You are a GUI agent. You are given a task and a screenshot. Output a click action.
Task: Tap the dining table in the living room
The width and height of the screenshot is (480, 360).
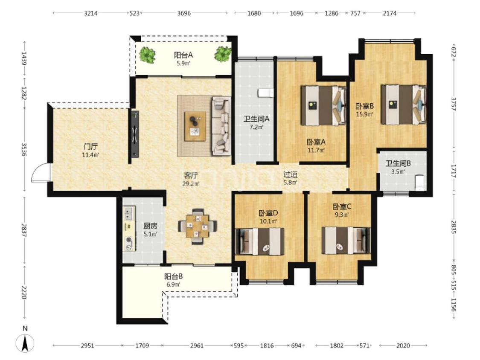198,226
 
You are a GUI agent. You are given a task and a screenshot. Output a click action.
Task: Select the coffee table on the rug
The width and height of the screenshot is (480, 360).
195,126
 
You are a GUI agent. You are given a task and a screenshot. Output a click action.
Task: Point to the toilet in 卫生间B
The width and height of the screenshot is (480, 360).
420,183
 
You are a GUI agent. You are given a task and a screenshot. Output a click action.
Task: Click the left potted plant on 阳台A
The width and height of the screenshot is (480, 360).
148,55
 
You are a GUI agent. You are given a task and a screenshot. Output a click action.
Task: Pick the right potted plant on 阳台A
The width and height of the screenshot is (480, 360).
223,54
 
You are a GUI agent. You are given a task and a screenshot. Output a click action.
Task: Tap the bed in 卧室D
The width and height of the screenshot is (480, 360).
259,241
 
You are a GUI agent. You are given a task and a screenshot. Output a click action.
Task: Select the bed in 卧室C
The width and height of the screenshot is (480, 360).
346,240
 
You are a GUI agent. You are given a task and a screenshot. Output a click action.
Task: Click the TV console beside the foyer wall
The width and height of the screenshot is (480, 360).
135,134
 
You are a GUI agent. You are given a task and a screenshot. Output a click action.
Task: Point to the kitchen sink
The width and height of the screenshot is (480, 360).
129,213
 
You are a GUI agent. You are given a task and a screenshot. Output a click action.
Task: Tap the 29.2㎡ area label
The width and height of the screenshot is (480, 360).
191,184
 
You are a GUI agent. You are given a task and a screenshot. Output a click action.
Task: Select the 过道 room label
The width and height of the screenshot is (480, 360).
290,174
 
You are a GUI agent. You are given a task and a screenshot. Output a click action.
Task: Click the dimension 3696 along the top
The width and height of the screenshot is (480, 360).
184,13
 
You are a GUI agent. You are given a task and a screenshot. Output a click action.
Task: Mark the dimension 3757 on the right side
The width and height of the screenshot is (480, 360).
454,105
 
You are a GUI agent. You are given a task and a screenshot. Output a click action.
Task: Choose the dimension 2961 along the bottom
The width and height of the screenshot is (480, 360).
197,345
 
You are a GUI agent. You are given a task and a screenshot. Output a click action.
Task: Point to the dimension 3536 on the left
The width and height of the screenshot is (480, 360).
24,150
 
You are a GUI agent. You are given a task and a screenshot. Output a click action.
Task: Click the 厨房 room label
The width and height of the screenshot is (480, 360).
150,226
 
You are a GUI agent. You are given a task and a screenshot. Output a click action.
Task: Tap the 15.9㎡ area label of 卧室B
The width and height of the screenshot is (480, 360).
365,114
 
